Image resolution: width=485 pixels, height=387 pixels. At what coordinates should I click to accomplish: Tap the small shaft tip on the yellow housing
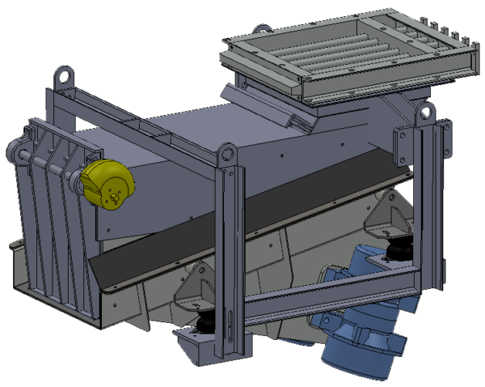click(x=118, y=195)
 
